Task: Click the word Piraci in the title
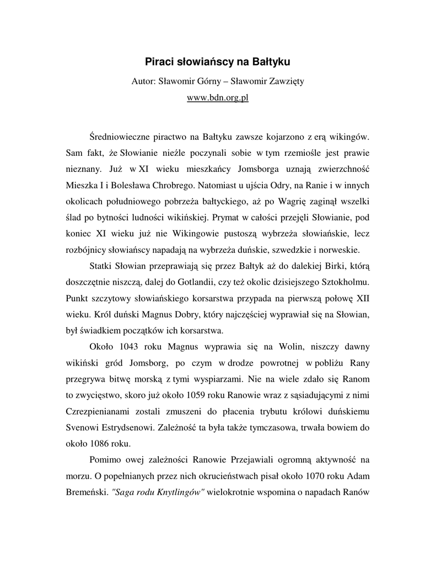tap(159, 60)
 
